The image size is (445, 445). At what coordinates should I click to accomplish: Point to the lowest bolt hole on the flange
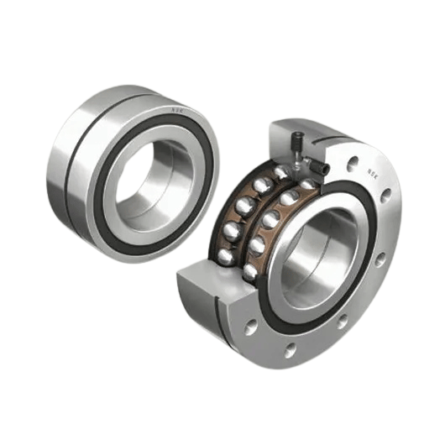pyautogui.click(x=291, y=348)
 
